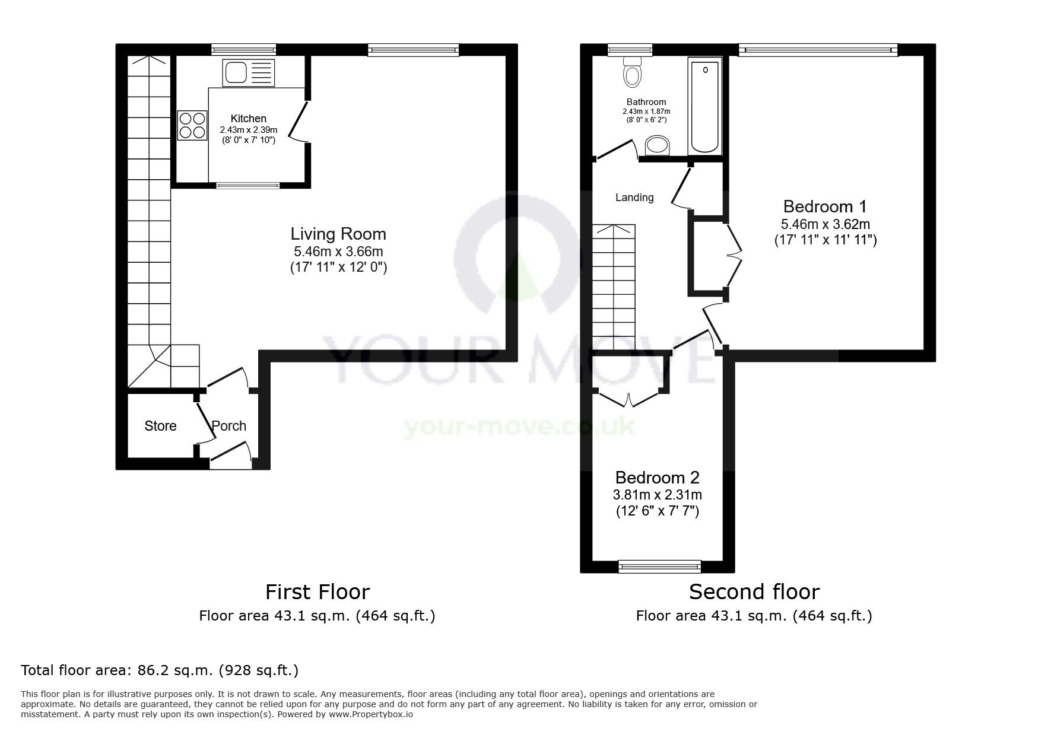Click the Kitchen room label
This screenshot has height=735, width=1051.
click(248, 119)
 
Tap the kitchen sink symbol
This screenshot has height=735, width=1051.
click(249, 72)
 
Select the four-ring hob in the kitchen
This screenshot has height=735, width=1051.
click(192, 126)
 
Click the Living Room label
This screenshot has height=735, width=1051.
click(338, 234)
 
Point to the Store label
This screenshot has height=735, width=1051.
click(160, 426)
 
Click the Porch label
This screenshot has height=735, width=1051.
click(229, 426)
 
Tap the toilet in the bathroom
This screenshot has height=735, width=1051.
click(633, 72)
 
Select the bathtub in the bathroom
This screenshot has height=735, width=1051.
click(705, 106)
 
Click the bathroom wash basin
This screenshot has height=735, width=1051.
click(657, 145)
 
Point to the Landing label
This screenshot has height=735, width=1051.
click(634, 198)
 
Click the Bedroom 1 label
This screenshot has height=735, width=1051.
click(825, 206)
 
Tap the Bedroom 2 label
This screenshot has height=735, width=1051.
click(657, 478)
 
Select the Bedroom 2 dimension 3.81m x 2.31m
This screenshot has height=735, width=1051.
click(657, 495)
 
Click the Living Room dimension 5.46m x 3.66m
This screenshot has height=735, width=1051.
click(338, 252)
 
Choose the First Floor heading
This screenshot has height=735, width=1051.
click(317, 592)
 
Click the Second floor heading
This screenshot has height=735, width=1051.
click(754, 592)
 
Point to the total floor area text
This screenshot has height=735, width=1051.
click(160, 670)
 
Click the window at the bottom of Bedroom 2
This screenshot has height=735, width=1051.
click(659, 567)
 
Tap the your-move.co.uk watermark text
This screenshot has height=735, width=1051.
click(519, 427)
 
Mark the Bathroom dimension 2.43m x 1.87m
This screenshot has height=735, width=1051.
click(646, 112)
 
